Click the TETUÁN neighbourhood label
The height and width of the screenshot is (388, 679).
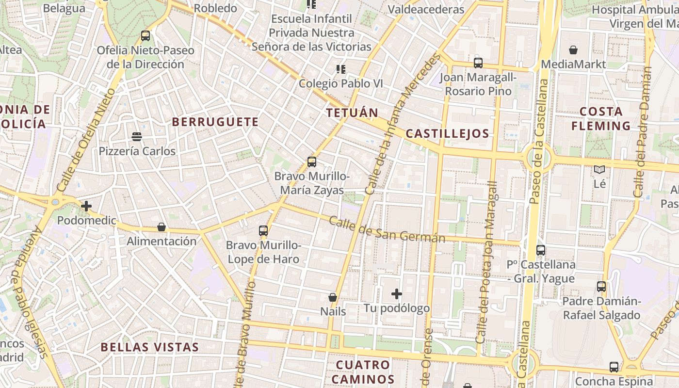(352, 113)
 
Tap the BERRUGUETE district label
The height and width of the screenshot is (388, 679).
(215, 122)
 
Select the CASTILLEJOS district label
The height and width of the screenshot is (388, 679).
(447, 134)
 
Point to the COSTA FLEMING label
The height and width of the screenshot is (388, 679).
(601, 119)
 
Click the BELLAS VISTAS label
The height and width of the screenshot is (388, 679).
(150, 347)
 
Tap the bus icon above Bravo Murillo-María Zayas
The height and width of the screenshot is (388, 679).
(311, 162)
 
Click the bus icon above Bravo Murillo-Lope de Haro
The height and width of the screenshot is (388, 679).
(263, 231)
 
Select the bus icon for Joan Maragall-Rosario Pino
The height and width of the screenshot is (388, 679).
(478, 63)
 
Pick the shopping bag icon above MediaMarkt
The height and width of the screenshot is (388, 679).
(573, 50)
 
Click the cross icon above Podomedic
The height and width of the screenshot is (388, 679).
(86, 206)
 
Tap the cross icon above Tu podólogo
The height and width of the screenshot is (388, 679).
(397, 294)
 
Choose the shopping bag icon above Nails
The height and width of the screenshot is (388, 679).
(333, 297)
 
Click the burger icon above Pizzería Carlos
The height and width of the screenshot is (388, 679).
(137, 137)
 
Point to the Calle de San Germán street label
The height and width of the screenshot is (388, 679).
(387, 230)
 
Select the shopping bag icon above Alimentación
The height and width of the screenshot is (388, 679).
(162, 227)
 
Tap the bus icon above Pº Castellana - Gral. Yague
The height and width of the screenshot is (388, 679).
(541, 250)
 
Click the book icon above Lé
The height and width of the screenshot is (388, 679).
(599, 170)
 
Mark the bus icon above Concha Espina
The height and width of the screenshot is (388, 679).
(614, 367)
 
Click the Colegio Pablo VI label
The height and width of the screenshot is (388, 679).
(340, 83)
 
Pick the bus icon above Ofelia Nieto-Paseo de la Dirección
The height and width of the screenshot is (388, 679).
(145, 35)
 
